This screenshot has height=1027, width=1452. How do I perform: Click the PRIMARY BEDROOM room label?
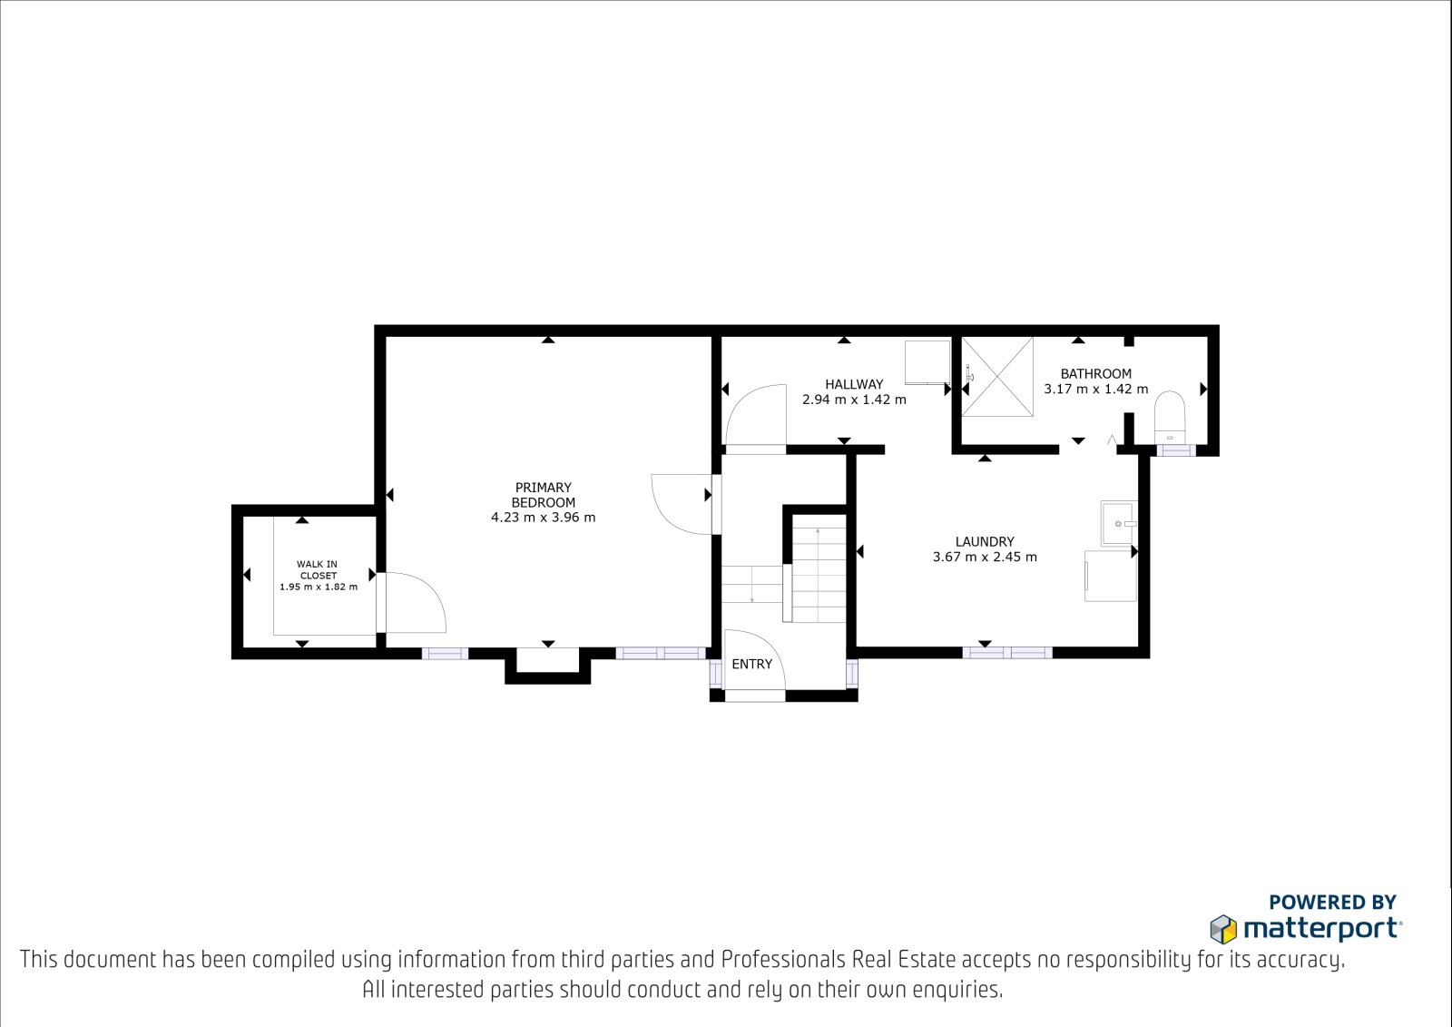[x=544, y=494]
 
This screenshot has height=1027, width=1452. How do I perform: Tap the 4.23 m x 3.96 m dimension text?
[x=544, y=518]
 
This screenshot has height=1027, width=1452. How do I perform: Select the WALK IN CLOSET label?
[x=318, y=569]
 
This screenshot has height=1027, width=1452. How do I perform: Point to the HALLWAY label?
[x=854, y=384]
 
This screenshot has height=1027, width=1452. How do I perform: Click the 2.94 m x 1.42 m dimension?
[x=854, y=400]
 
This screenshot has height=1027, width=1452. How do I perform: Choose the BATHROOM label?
[x=1095, y=374]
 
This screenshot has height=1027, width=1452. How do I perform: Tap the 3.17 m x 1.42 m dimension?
[x=1095, y=390]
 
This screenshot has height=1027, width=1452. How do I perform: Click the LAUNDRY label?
[x=985, y=541]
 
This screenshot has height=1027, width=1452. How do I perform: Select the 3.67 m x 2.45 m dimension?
[x=985, y=557]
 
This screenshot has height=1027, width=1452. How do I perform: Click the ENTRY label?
[x=752, y=664]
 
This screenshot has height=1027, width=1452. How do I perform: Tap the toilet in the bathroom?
[x=1170, y=417]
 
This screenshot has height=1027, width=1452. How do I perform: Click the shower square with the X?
[x=997, y=378]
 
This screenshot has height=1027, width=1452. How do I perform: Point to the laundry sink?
[x=1119, y=523]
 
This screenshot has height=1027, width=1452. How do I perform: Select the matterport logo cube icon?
[x=1223, y=929]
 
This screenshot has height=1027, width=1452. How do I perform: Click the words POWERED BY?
[x=1332, y=902]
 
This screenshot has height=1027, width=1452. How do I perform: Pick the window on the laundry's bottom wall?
[x=1007, y=652]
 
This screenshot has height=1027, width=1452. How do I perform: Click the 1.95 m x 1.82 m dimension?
[x=319, y=588]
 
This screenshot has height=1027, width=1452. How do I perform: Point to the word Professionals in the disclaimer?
[x=783, y=960]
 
